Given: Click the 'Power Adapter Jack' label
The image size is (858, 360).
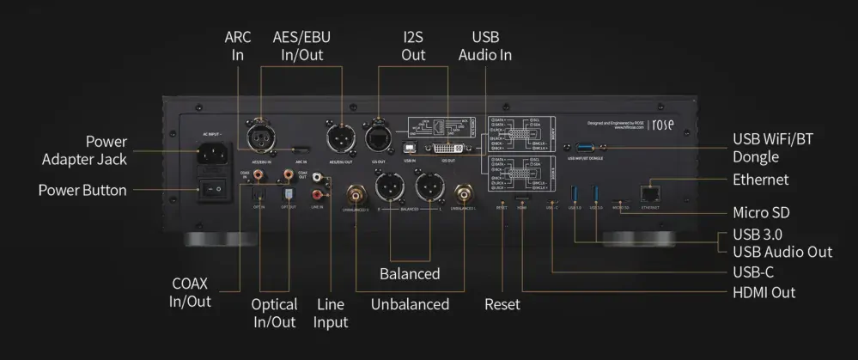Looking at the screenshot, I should coord(83,149).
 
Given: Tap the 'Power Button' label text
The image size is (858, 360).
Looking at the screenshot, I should coord(82,189).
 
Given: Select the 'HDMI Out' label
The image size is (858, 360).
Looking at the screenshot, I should coord(764,292).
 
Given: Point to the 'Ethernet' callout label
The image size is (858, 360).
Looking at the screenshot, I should coord(760,180).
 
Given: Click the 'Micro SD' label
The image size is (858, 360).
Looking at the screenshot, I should coord(760,212).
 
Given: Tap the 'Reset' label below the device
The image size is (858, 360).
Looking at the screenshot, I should coord(502,304).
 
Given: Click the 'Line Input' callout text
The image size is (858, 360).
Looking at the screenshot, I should coord(331,313).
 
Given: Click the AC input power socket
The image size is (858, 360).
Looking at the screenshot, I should coord(212,154).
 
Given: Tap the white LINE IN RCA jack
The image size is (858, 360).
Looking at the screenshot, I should coord(319,181).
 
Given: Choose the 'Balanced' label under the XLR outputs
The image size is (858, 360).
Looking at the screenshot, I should coord(410,274).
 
